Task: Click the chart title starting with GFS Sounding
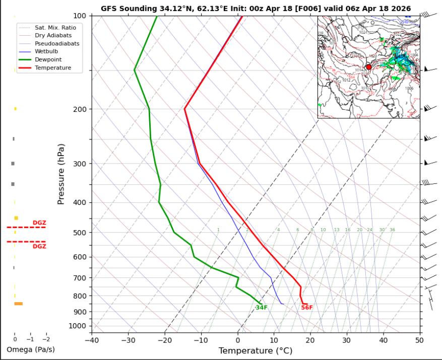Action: pyautogui.click(x=256, y=9)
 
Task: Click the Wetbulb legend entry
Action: pyautogui.click(x=46, y=51)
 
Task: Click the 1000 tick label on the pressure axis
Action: pyautogui.click(x=81, y=326)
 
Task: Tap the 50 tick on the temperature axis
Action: pyautogui.click(x=419, y=340)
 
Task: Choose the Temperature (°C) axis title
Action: pyautogui.click(x=256, y=350)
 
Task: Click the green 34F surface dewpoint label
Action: pyautogui.click(x=261, y=308)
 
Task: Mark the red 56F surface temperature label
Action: pyautogui.click(x=307, y=308)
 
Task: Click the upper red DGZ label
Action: pyautogui.click(x=39, y=223)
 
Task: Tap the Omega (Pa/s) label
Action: pyautogui.click(x=31, y=349)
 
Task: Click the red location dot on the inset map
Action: pyautogui.click(x=368, y=67)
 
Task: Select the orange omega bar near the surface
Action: pyautogui.click(x=19, y=304)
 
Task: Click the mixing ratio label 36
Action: pyautogui.click(x=392, y=230)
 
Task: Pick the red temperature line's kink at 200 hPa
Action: pyautogui.click(x=185, y=108)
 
